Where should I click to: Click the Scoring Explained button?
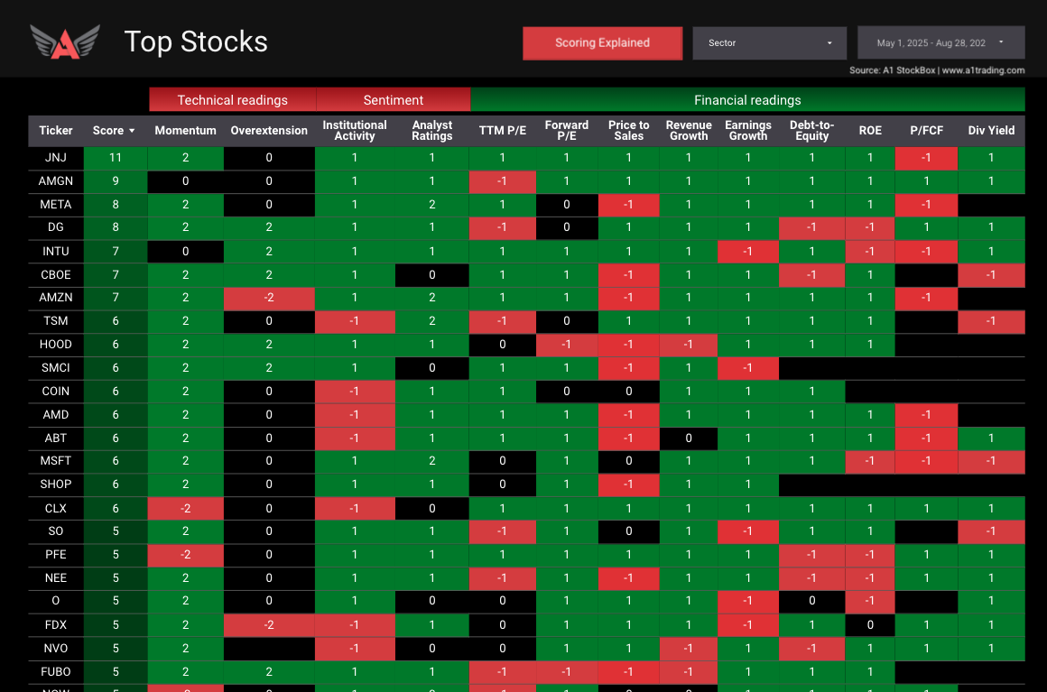pyautogui.click(x=602, y=43)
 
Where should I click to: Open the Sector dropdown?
pyautogui.click(x=769, y=43)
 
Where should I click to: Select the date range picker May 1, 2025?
pyautogui.click(x=940, y=43)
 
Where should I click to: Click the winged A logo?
pyautogui.click(x=64, y=42)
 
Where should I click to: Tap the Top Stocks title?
pyautogui.click(x=196, y=42)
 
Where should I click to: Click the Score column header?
pyautogui.click(x=114, y=131)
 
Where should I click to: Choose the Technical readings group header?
pyautogui.click(x=232, y=100)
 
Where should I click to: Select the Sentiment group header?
pyautogui.click(x=393, y=100)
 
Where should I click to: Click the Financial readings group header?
pyautogui.click(x=746, y=100)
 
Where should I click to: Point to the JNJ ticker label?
pyautogui.click(x=56, y=157)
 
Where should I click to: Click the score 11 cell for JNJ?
pyautogui.click(x=115, y=157)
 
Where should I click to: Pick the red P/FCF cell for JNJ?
pyautogui.click(x=926, y=157)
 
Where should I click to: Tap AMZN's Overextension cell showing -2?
pyautogui.click(x=269, y=298)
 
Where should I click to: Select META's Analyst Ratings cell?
pyautogui.click(x=431, y=204)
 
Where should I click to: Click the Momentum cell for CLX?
pyautogui.click(x=185, y=509)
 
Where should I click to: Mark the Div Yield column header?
pyautogui.click(x=991, y=131)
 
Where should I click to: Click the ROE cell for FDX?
pyautogui.click(x=870, y=624)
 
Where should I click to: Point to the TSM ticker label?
pyautogui.click(x=56, y=321)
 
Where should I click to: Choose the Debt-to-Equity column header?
pyautogui.click(x=811, y=131)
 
